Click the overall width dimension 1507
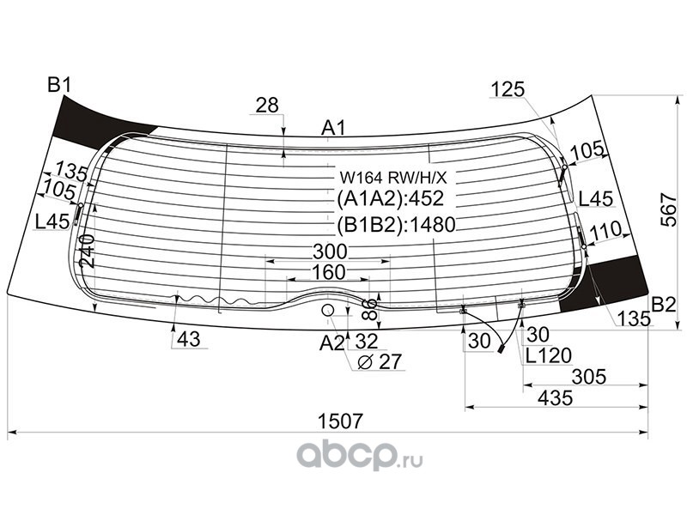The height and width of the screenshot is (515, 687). coord(340,421)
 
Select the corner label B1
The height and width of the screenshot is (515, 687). coord(59,85)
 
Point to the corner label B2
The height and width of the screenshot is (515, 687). coord(664,305)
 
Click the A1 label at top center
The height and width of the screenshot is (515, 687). coord(334,128)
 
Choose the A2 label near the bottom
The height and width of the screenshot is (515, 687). coord(332,342)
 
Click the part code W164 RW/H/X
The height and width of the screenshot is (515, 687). coord(394,178)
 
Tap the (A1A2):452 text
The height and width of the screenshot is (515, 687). coord(391,198)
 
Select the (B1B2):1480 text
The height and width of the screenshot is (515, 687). coord(397,225)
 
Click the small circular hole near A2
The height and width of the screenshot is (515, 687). coord(328,311)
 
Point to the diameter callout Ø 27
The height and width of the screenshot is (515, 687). coord(380,361)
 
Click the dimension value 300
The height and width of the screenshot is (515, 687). coord(330,251)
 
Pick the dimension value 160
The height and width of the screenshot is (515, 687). coord(328,272)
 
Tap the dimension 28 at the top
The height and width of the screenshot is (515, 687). coord(267,105)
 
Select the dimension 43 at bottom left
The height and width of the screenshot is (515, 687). coord(189,339)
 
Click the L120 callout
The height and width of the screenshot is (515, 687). coord(549,355)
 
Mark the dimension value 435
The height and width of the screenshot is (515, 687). coord(555,398)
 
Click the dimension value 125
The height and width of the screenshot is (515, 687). coord(508,89)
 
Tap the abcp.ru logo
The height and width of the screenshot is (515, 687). coord(359,456)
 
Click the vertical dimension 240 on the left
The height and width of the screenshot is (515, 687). coord(87,251)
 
